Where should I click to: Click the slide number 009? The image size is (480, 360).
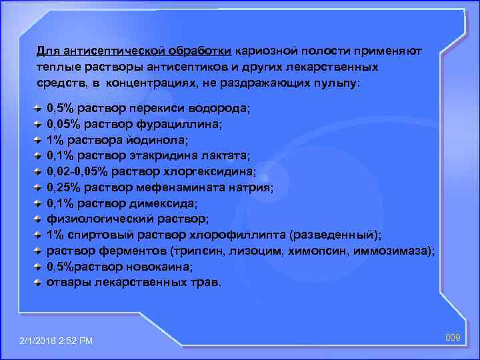click(x=453, y=338)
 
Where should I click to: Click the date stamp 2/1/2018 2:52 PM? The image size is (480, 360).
click(x=57, y=341)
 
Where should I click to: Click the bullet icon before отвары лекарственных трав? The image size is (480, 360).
click(x=39, y=282)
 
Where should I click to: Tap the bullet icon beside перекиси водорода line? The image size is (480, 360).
click(x=39, y=107)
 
